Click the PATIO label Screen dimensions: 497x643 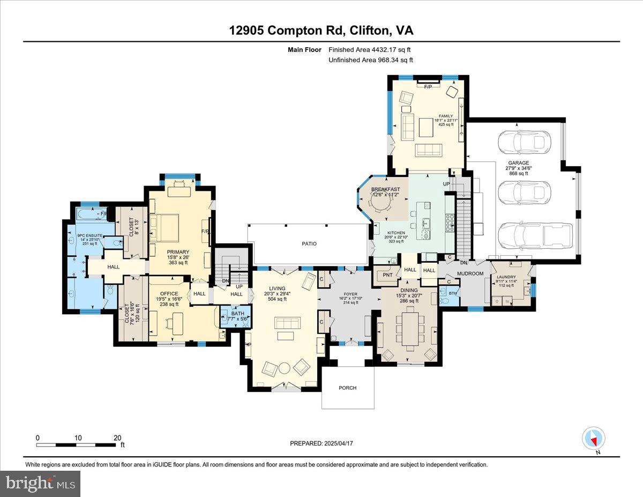(309, 243)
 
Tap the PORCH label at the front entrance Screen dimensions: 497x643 (347, 388)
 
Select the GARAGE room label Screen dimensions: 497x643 (518, 163)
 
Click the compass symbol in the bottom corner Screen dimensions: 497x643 (593, 438)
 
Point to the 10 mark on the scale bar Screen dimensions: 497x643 (78, 437)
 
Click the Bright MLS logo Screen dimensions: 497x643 (41, 484)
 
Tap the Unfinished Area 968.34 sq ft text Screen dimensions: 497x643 (370, 60)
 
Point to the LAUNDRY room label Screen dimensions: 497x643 (505, 277)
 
